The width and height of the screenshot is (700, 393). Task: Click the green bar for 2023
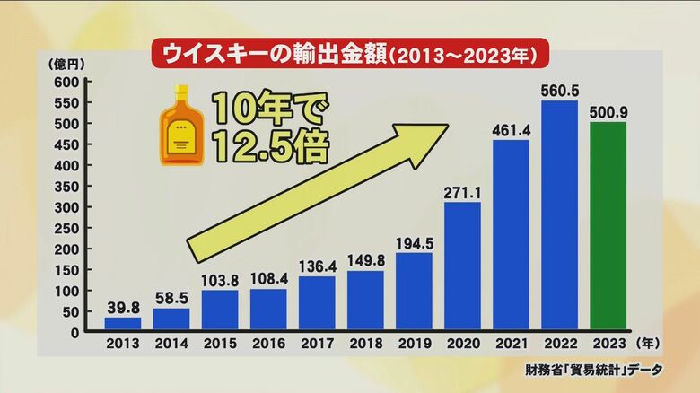[x=608, y=226]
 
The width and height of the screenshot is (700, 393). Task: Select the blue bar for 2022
[x=559, y=215]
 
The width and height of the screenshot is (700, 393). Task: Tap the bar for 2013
[x=123, y=324]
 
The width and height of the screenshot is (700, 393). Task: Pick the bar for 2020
[x=462, y=266]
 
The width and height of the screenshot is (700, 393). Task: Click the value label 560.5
[x=559, y=91]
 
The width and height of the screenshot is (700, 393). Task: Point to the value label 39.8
[x=123, y=307]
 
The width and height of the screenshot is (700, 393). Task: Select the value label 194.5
[x=414, y=243]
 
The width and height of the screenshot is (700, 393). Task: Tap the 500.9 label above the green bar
[x=608, y=113]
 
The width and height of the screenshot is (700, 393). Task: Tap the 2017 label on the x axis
[x=317, y=345]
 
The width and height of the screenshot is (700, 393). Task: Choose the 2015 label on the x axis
[x=220, y=345]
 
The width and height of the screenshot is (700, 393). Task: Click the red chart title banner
[x=349, y=55]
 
